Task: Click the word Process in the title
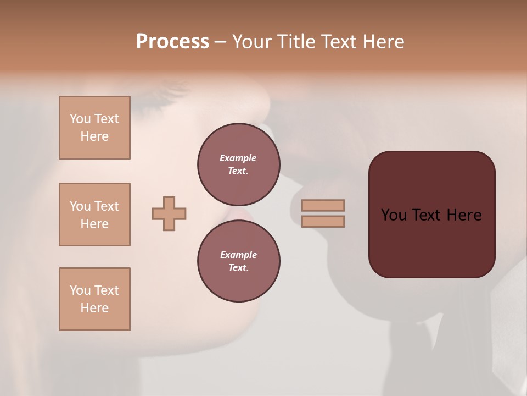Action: pos(172,42)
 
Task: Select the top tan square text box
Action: pos(94,128)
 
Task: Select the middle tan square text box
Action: pos(94,215)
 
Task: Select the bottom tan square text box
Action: pos(94,299)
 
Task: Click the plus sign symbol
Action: pos(169,214)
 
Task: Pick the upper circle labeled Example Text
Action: pos(239,164)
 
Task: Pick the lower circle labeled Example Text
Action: pos(239,261)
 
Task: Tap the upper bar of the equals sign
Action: pos(323,206)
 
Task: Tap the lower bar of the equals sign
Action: pos(323,222)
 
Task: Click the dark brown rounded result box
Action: pos(432,242)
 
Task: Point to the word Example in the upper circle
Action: pos(238,158)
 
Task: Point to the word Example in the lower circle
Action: pos(238,255)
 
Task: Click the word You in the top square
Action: pos(80,119)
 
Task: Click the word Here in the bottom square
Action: pos(94,308)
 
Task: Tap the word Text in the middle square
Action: pos(106,206)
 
